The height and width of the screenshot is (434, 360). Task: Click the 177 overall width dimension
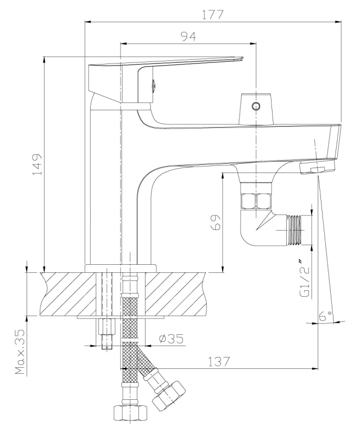[x=212, y=15]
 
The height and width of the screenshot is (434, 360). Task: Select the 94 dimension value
[x=188, y=36]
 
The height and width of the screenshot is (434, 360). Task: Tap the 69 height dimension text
[x=216, y=223]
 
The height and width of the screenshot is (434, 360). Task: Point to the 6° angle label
[x=325, y=315]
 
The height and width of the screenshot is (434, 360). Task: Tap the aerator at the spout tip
[x=318, y=167]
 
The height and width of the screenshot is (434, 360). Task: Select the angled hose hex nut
[x=169, y=394]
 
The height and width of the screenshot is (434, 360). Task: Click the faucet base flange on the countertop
[x=121, y=267]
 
